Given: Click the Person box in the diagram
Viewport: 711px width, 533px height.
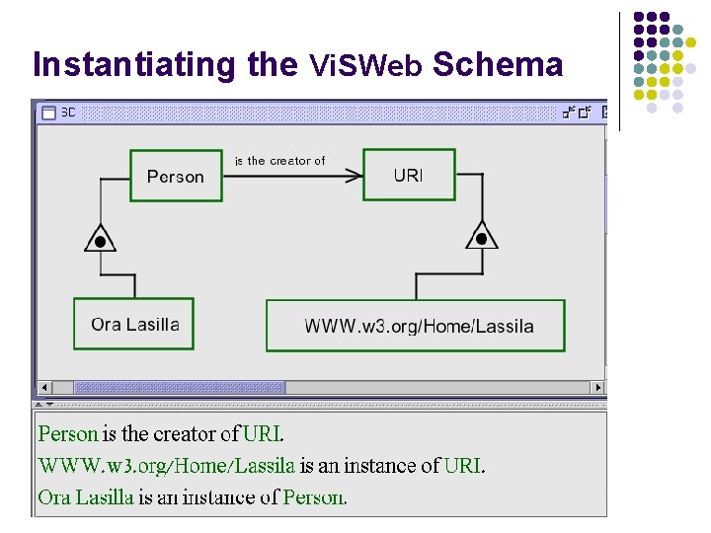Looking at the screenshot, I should pos(175,176).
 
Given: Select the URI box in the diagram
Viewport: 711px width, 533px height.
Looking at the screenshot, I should pos(409,175).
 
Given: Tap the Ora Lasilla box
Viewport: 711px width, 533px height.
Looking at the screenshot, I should pos(134,324).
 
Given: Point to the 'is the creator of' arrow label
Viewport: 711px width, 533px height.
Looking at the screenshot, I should pos(279,161).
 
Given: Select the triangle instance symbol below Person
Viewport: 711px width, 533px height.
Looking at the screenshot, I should pos(99,239).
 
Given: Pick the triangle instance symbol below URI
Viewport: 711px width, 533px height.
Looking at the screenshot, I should pos(481,237).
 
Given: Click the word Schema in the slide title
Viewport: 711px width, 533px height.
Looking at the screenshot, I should pos(498,64).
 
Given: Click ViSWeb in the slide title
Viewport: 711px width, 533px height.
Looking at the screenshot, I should pos(365,66).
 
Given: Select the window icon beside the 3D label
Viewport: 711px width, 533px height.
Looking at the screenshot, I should pos(48,113).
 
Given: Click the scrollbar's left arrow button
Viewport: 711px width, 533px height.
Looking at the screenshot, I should pos(43,387).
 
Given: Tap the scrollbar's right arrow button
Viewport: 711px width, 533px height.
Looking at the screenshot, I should pos(596,387).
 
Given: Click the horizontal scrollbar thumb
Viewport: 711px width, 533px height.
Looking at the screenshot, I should pos(178,387).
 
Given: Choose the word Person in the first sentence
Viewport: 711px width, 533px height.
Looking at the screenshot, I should pos(68,433).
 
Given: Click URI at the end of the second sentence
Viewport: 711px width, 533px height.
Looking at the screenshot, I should pos(464,465).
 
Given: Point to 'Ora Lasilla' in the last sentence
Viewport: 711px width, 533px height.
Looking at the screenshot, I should pos(85,496).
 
